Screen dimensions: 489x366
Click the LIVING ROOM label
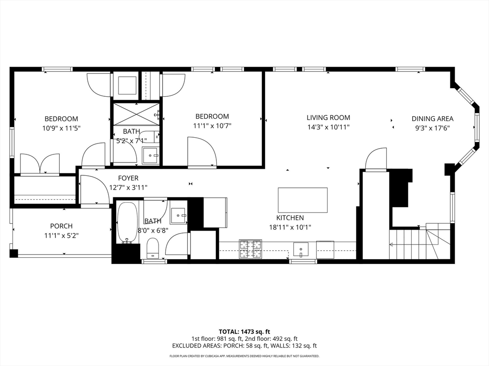point(328,118)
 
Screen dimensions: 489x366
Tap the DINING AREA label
point(432,119)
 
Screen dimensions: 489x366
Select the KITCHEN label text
point(290,218)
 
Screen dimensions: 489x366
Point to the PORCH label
point(62,226)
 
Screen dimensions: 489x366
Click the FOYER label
point(128,178)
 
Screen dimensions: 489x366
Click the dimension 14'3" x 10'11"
point(328,127)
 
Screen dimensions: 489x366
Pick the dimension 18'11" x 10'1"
point(290,227)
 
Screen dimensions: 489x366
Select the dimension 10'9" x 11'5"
point(62,128)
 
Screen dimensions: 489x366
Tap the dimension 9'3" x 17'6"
point(432,128)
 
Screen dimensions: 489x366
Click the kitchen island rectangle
point(302,200)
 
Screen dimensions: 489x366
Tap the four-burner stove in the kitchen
point(250,249)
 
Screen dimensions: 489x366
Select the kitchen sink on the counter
point(301,250)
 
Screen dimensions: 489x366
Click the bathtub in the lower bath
point(127,223)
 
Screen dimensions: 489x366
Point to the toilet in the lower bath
point(152,248)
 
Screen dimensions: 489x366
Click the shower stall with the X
point(136,114)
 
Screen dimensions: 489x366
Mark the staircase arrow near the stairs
point(405,244)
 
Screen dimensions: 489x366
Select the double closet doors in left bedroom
point(40,163)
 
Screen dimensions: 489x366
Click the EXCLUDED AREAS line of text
point(244,346)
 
